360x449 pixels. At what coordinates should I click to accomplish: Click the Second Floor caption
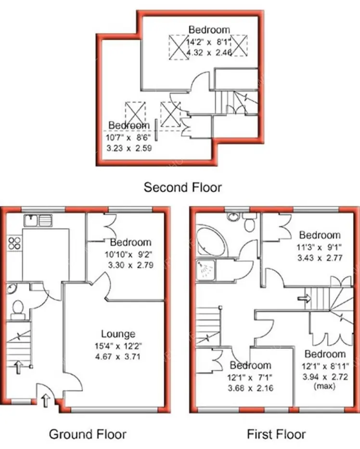183,187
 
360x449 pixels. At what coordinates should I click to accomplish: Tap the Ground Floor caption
88,434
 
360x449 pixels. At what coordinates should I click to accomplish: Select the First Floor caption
276,434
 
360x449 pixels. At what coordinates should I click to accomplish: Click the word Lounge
118,334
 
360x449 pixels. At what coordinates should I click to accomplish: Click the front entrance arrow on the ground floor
46,399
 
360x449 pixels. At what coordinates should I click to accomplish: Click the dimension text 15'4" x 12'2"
118,345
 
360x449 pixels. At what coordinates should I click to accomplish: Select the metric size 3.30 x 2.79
130,264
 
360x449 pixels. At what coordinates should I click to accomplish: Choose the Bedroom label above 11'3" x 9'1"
320,235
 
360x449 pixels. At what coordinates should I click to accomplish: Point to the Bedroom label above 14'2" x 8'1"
209,29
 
